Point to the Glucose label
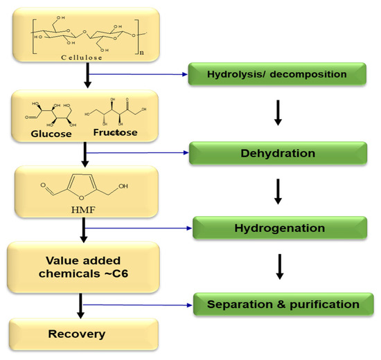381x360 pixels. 51,134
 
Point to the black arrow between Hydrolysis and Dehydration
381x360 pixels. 278,112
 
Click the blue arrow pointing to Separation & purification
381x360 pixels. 139,304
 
